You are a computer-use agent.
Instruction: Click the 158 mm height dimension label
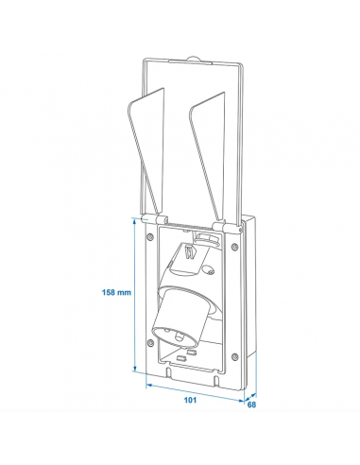[115, 293]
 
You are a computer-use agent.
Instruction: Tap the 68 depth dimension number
[252, 406]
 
